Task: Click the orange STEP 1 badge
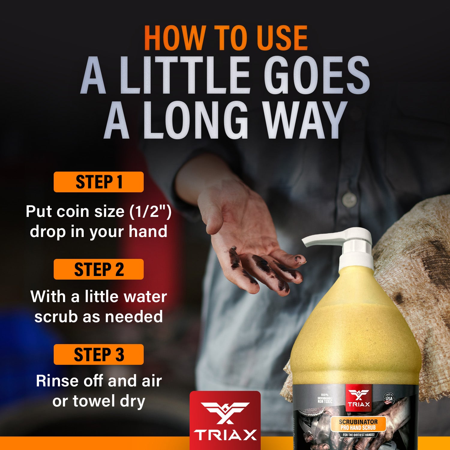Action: point(99,182)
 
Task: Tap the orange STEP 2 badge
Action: point(99,269)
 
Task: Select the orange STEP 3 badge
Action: point(99,354)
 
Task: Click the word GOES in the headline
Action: point(318,75)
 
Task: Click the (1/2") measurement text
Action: point(150,211)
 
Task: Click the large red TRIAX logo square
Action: point(225,420)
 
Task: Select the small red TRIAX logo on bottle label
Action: point(359,398)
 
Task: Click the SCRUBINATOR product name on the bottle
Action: point(358,422)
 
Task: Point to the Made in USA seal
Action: point(389,399)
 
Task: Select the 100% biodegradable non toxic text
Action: point(325,398)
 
